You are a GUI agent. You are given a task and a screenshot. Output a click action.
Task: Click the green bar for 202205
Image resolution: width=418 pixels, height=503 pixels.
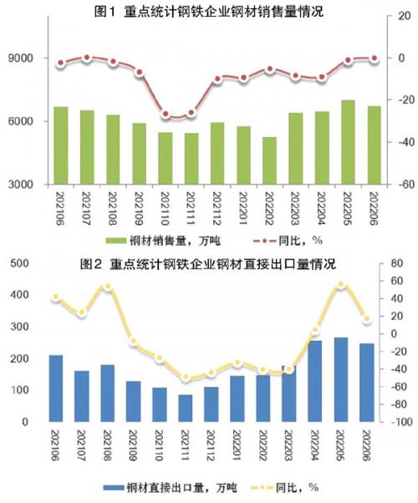pyautogui.click(x=348, y=142)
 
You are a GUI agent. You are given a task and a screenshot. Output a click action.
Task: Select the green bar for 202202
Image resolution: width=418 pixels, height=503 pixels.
pyautogui.click(x=269, y=160)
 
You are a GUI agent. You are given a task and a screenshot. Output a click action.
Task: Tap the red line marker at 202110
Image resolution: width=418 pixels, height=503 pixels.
pyautogui.click(x=166, y=114)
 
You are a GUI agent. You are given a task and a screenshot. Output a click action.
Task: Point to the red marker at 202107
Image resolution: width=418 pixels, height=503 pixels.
pyautogui.click(x=87, y=58)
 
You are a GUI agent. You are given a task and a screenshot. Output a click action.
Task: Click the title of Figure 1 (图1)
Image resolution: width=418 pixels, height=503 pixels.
pyautogui.click(x=209, y=12)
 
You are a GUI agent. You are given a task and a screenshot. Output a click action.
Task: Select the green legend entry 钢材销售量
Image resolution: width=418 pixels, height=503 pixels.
pyautogui.click(x=163, y=241)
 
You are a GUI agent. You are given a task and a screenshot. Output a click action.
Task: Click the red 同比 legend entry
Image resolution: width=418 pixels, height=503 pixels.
pyautogui.click(x=288, y=241)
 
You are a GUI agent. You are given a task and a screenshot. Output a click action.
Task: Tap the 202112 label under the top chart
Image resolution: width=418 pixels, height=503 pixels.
pyautogui.click(x=218, y=209)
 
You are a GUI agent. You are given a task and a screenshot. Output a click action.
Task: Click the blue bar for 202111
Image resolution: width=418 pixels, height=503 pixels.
pyautogui.click(x=186, y=408)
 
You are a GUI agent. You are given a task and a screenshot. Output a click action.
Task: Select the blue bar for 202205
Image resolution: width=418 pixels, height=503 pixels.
pyautogui.click(x=341, y=379)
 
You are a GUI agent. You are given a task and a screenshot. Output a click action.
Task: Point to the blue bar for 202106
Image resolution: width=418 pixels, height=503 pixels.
pyautogui.click(x=56, y=389)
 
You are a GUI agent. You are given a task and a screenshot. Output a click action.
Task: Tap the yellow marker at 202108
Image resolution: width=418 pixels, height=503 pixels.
pyautogui.click(x=108, y=287)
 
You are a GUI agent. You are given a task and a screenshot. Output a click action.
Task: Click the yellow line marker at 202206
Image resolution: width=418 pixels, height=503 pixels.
pyautogui.click(x=367, y=319)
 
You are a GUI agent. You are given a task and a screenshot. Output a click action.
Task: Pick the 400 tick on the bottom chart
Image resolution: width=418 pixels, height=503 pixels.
pyautogui.click(x=19, y=294)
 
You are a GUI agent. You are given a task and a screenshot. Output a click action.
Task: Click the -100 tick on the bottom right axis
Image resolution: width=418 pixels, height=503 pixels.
pyautogui.click(x=401, y=421)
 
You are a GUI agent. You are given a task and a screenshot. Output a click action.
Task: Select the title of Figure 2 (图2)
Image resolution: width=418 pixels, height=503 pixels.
pyautogui.click(x=208, y=264)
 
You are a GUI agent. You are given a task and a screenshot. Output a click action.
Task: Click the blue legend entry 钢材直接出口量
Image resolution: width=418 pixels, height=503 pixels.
pyautogui.click(x=170, y=488)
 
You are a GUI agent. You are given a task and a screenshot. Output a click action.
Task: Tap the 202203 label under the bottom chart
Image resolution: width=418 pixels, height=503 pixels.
pyautogui.click(x=289, y=445)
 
